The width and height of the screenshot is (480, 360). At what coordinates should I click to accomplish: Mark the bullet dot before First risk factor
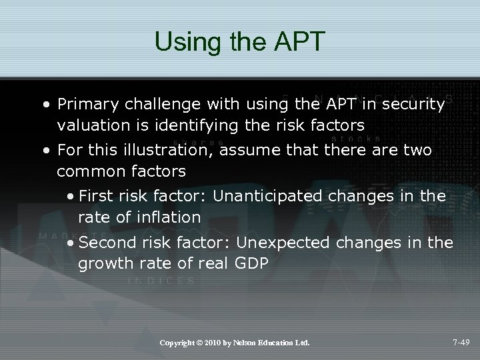click(x=71, y=196)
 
